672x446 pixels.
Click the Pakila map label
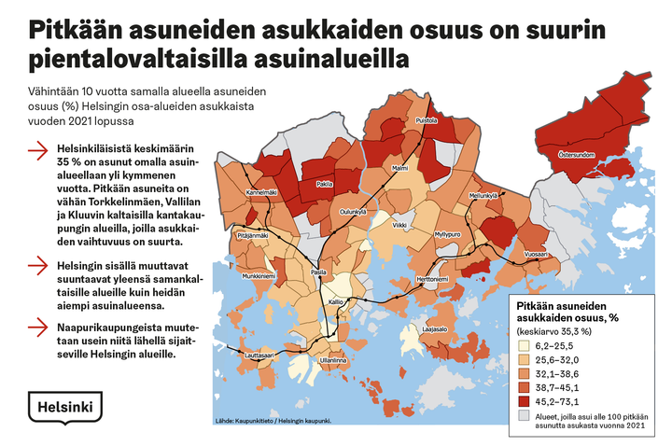click(325, 185)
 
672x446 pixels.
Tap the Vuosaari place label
click(536, 254)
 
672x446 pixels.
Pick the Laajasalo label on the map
click(437, 329)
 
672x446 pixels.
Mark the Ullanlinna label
click(333, 359)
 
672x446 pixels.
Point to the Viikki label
click(399, 225)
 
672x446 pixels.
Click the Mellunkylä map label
click(484, 196)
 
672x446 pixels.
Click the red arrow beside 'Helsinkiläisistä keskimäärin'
click(38, 149)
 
